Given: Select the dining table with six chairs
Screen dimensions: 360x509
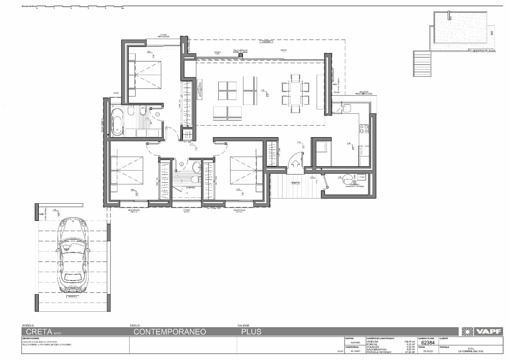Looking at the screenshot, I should [296, 94].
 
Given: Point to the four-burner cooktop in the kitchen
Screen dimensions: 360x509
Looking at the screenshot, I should [364, 129].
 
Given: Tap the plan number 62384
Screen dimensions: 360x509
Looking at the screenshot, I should [428, 343].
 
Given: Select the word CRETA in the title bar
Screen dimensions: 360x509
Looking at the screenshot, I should [39, 332].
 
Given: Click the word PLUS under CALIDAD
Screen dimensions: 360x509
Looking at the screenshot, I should [251, 332].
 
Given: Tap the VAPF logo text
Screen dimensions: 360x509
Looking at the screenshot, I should [489, 332].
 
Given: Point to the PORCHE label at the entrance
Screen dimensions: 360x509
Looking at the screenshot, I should [295, 183].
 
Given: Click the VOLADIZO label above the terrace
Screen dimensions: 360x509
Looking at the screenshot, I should [266, 42].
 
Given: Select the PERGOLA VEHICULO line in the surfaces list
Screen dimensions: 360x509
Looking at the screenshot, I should [378, 352].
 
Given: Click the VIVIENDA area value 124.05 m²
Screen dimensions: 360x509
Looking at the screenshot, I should [409, 342].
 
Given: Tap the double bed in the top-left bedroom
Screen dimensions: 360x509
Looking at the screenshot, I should [144, 75].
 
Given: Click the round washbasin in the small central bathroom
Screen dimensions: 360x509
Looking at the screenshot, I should [197, 166].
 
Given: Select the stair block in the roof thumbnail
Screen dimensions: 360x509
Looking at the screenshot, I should [422, 64].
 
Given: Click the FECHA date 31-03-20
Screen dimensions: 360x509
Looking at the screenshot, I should [428, 351].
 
